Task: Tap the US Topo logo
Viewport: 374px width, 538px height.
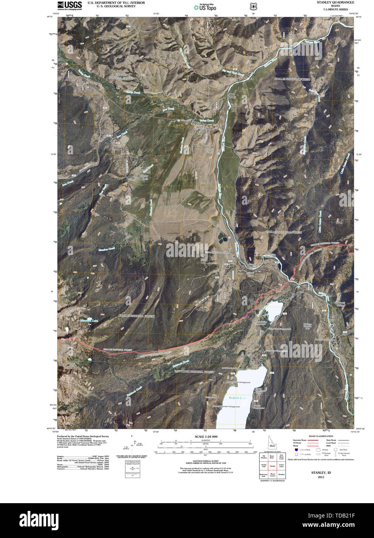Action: [205, 7]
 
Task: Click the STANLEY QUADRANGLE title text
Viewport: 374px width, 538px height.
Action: [335, 2]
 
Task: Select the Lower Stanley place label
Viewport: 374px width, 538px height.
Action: [231, 96]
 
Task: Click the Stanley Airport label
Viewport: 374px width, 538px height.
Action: [209, 151]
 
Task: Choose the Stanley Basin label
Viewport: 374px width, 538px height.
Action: [144, 177]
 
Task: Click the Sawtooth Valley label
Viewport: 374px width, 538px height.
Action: [340, 305]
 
